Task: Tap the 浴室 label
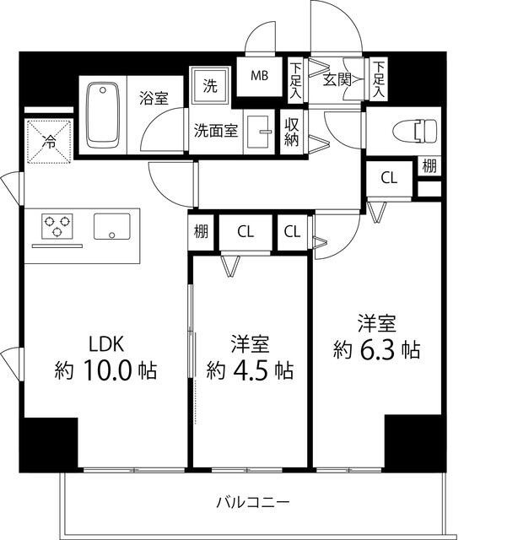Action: (x=154, y=98)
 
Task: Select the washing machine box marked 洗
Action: (x=208, y=85)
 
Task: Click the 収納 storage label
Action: (x=292, y=132)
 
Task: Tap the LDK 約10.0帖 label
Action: (x=106, y=357)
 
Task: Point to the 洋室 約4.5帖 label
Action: (x=251, y=357)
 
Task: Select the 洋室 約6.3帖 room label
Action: (x=376, y=336)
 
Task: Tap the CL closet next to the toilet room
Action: (x=388, y=178)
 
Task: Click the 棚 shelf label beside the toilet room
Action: (x=429, y=166)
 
